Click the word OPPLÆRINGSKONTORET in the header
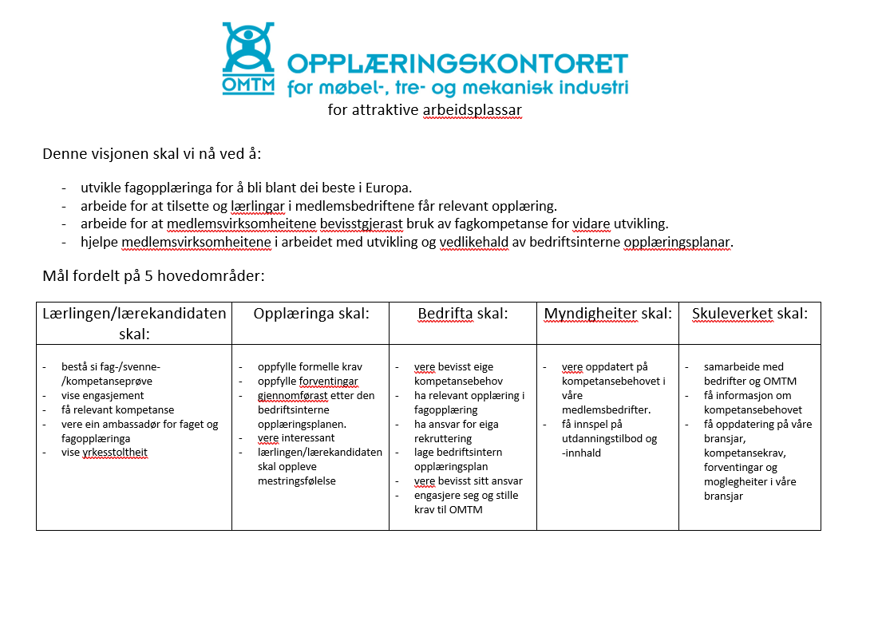coord(457,64)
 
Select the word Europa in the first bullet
coord(388,188)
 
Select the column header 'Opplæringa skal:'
coord(311,314)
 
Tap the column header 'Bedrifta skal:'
coord(463,314)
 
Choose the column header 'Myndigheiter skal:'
coord(607,314)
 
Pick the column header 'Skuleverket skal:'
coord(749,314)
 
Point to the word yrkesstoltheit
coord(115,453)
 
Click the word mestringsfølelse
coord(297,481)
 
